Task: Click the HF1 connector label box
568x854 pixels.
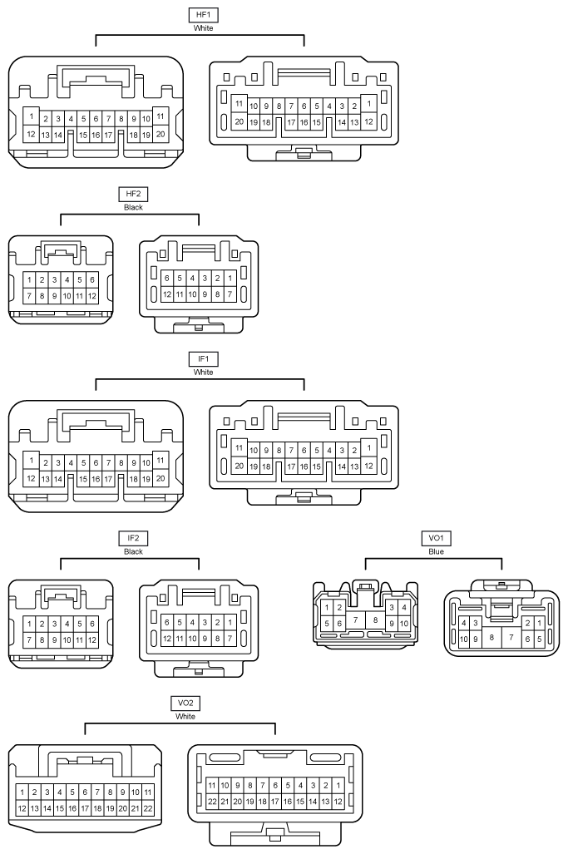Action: (x=203, y=15)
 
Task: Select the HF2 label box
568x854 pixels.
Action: (x=133, y=194)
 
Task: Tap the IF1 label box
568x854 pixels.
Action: (x=203, y=359)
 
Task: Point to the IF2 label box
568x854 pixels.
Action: (x=133, y=538)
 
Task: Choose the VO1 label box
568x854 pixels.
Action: (x=437, y=538)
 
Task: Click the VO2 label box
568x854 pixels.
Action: (x=185, y=703)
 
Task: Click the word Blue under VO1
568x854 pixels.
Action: (x=437, y=551)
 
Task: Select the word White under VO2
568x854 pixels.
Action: (x=185, y=717)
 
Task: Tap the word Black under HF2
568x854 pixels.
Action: (x=133, y=208)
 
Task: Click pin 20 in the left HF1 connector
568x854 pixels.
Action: (x=161, y=134)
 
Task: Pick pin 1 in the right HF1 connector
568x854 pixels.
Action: (x=368, y=103)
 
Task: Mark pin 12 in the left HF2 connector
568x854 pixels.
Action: (x=92, y=296)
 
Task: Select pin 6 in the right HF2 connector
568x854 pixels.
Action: (x=167, y=278)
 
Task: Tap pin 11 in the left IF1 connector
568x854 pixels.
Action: (x=161, y=460)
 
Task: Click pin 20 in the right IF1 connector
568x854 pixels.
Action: (x=239, y=466)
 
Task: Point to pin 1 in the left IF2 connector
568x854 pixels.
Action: (x=29, y=624)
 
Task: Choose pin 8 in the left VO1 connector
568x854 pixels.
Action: (x=375, y=620)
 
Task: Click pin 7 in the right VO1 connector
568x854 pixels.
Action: (x=511, y=637)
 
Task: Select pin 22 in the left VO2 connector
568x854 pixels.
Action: (x=147, y=809)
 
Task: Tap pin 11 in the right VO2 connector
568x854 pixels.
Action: (x=212, y=785)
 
